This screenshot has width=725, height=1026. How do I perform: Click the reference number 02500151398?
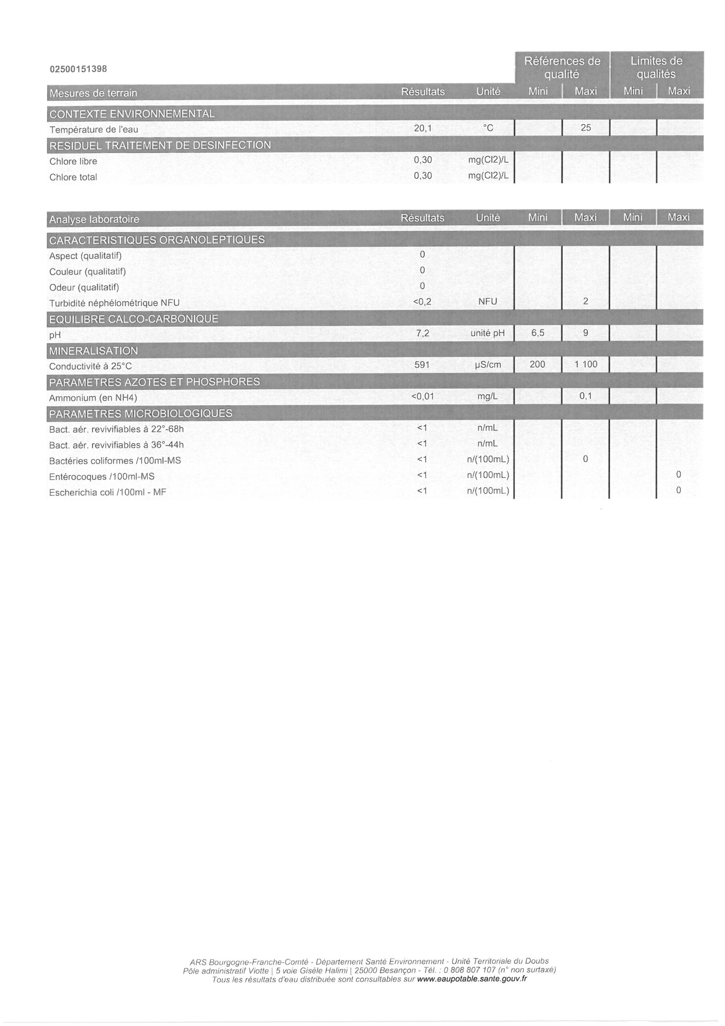tap(78, 69)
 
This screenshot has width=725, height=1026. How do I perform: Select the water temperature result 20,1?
tap(423, 128)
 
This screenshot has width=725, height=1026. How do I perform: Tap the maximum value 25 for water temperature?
tap(586, 128)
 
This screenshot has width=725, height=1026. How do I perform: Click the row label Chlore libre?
tap(73, 162)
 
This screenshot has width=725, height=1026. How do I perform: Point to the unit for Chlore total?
tap(488, 176)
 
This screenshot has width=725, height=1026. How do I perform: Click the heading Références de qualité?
tap(562, 67)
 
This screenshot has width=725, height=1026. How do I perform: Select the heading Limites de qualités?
tap(656, 67)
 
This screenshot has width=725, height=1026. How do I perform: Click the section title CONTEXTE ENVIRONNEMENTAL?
tap(132, 114)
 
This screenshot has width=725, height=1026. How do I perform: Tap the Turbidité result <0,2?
tap(423, 302)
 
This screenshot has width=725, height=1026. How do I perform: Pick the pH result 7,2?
tap(423, 333)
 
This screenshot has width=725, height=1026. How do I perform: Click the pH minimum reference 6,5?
tap(538, 333)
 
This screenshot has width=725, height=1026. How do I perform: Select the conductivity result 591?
tap(422, 365)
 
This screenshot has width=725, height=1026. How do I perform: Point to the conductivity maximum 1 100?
tap(586, 364)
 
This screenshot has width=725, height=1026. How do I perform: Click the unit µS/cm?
tap(488, 365)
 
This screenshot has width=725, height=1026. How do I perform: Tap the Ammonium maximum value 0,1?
tap(586, 396)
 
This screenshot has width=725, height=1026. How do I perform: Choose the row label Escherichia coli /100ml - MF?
tap(108, 493)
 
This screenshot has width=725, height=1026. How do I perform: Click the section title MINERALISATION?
tap(94, 351)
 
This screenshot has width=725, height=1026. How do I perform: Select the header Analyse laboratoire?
tap(94, 219)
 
